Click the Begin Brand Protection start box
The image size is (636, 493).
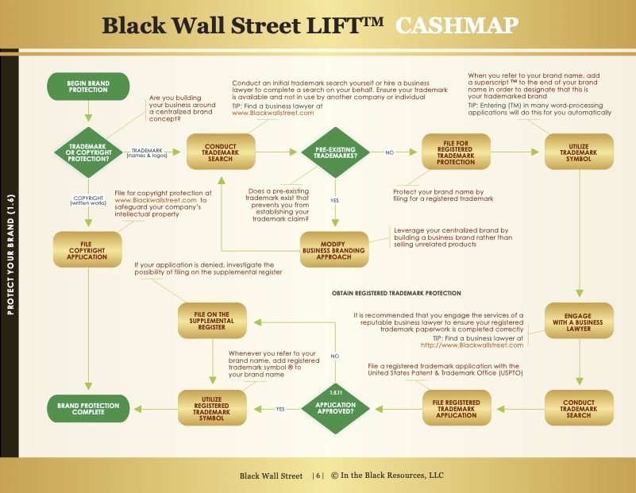coord(88,87)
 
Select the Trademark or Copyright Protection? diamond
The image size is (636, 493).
coord(88,152)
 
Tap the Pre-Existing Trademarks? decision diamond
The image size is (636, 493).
coord(335,152)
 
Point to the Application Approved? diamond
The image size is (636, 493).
coord(335,409)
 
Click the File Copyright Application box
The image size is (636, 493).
coord(87,250)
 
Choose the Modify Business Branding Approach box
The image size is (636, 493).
coord(334,250)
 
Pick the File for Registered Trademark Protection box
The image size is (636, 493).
coord(456,152)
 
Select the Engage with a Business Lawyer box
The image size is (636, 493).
coord(579,321)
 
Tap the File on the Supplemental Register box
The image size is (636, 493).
coord(212,321)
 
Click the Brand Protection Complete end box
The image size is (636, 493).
coord(88,409)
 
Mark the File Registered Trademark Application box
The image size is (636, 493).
coord(457,408)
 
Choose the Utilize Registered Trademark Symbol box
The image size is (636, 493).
coord(212,408)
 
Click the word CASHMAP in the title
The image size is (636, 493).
coord(457,25)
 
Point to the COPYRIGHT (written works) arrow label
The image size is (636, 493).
coord(88,201)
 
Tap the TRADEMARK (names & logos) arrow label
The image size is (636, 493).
coord(147,153)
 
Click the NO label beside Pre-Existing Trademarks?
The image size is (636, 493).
coord(390,152)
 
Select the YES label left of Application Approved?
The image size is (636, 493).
coord(280,409)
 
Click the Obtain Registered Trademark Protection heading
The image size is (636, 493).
coord(396,293)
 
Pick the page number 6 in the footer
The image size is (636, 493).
coord(318,476)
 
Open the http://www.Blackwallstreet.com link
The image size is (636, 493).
coord(472,345)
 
